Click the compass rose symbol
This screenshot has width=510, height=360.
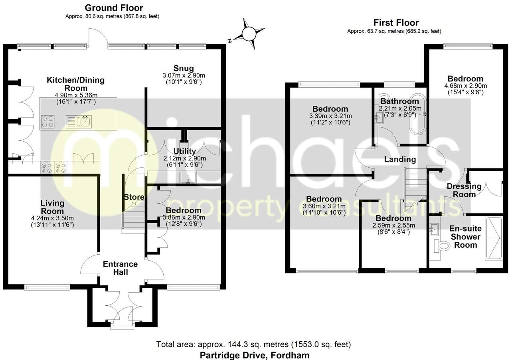(249, 34)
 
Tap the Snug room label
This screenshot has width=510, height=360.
(184, 67)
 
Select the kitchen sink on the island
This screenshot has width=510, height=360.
(85, 121)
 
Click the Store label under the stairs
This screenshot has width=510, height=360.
(134, 197)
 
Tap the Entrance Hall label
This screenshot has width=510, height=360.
(120, 268)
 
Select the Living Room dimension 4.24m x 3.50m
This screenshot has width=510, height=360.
(52, 218)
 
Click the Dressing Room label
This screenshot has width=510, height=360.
(464, 190)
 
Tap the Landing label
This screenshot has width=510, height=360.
(400, 159)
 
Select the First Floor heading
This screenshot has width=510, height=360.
(396, 23)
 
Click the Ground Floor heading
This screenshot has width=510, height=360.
(114, 8)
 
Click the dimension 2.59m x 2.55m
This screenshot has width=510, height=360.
(393, 225)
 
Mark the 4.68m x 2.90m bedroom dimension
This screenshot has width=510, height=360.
(465, 85)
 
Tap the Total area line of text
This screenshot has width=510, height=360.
(253, 344)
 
